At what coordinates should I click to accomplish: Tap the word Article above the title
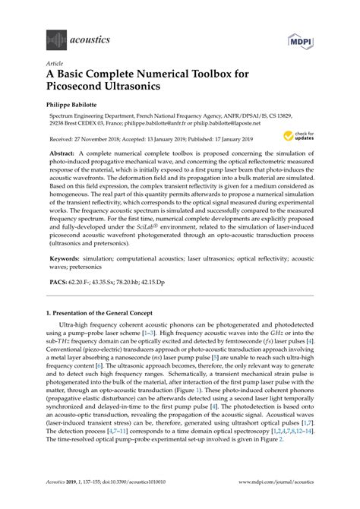(x=54, y=65)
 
